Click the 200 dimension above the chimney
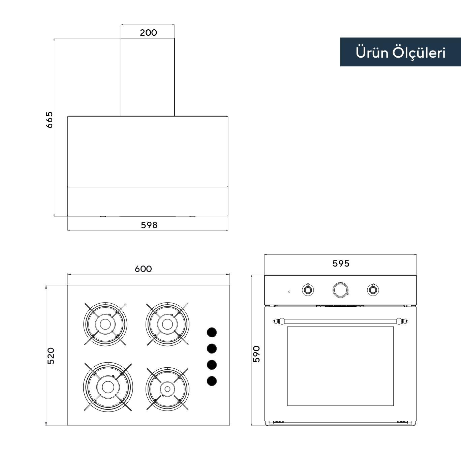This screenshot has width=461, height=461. point(148,33)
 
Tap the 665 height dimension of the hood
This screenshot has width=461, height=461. point(49,120)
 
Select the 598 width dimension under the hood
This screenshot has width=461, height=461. point(149,225)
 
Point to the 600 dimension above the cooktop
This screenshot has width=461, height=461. point(143,269)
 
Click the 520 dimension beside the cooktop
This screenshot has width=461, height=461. point(51,356)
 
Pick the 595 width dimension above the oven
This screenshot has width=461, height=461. point(341,264)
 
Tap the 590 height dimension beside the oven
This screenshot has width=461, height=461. point(256,354)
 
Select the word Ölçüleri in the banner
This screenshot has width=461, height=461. point(419,53)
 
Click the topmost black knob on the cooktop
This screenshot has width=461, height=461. point(212,332)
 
